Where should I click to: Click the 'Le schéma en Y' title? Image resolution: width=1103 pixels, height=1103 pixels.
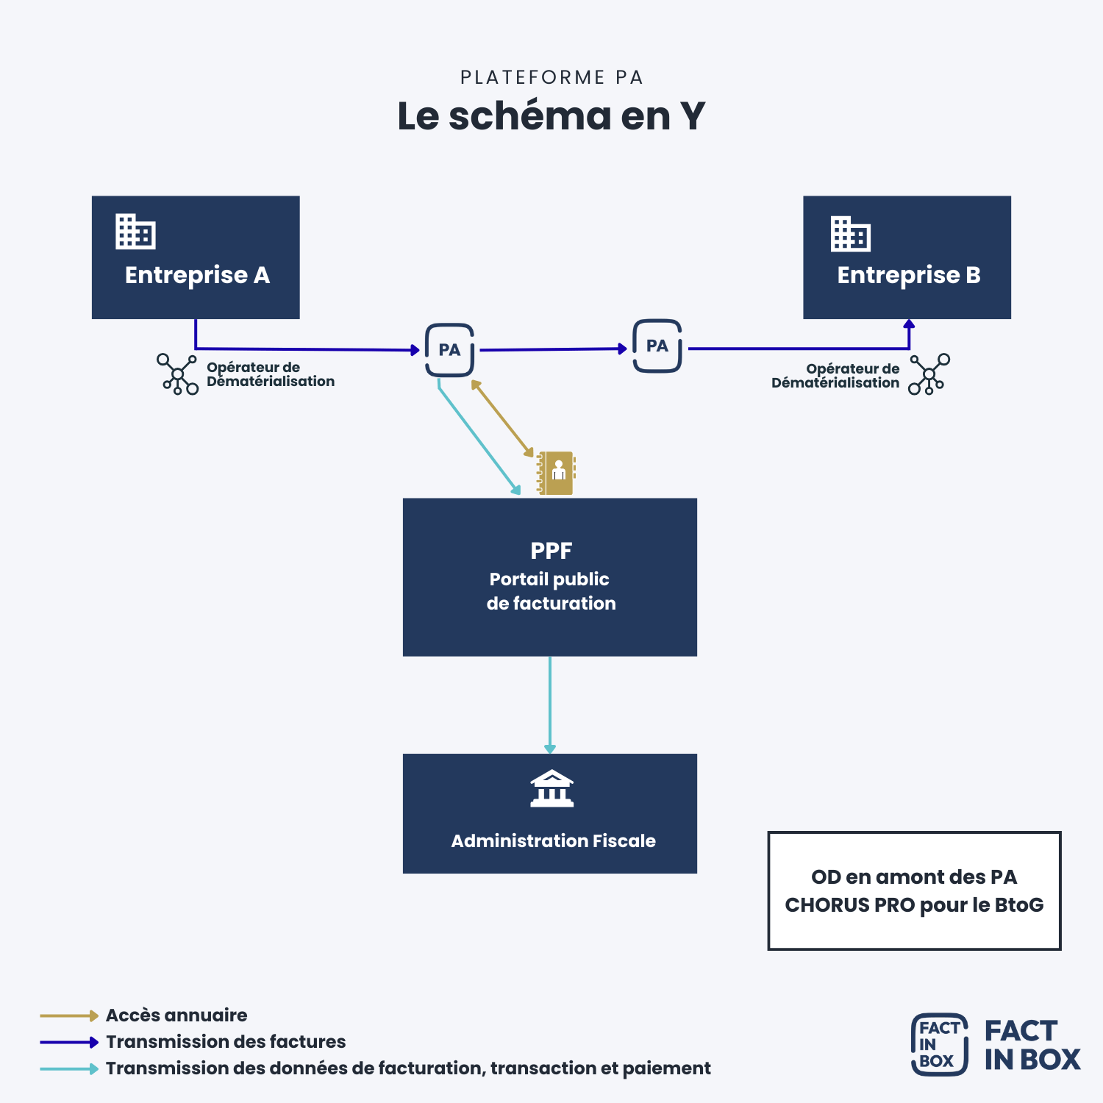(x=551, y=116)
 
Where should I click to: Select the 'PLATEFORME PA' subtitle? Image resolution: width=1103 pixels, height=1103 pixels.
(x=551, y=77)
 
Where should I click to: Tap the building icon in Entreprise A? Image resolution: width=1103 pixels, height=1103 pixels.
(x=135, y=232)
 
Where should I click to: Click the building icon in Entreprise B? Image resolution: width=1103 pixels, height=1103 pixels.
(x=850, y=234)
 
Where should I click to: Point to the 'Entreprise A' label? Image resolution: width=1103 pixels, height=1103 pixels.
(x=197, y=275)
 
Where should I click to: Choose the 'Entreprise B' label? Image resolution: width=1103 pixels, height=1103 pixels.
(x=909, y=275)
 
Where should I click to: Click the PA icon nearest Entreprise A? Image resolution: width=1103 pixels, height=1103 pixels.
(x=449, y=350)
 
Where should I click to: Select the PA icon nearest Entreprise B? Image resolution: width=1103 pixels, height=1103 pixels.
(x=657, y=346)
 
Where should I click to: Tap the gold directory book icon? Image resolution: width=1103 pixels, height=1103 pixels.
(x=556, y=473)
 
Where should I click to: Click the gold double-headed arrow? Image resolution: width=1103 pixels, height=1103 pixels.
(x=502, y=418)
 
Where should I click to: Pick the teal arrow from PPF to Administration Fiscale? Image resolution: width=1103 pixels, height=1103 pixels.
(x=550, y=704)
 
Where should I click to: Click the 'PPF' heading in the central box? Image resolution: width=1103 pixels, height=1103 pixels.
(x=551, y=550)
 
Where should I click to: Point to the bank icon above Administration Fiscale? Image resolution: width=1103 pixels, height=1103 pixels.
(x=551, y=788)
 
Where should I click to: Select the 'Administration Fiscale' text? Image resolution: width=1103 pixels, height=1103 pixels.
(x=553, y=840)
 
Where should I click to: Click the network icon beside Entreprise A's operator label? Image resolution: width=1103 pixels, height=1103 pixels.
(x=178, y=374)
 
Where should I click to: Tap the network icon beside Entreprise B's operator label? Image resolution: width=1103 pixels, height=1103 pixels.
(x=929, y=374)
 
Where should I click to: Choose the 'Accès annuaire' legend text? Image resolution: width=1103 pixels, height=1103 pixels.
(x=176, y=1015)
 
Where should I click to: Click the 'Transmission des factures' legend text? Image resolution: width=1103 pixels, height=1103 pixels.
(x=226, y=1042)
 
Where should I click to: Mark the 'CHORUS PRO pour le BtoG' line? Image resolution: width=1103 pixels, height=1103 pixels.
(x=914, y=904)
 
